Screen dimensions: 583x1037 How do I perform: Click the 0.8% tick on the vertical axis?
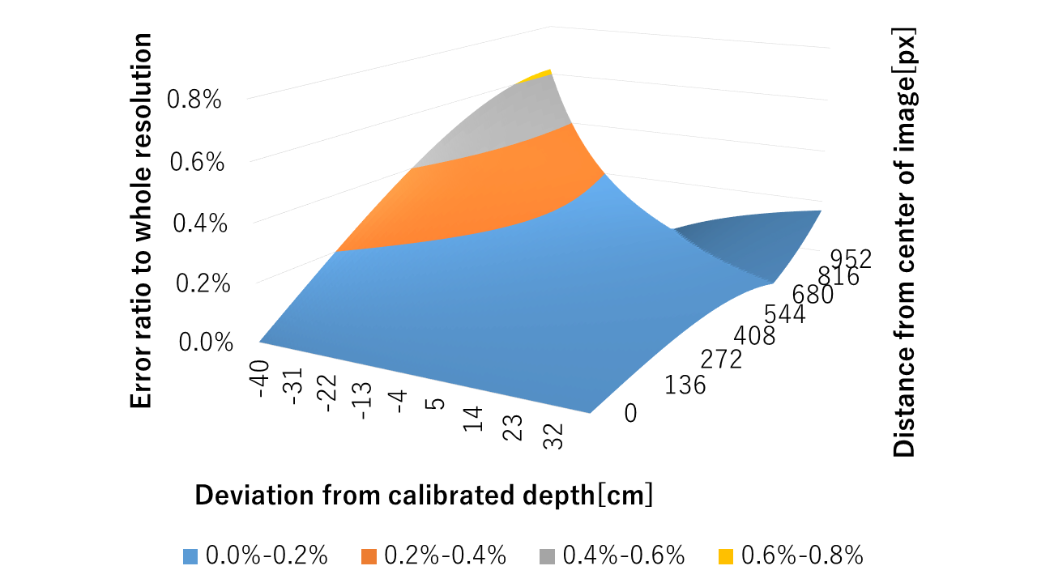pos(194,100)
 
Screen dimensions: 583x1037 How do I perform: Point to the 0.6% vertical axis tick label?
pos(198,162)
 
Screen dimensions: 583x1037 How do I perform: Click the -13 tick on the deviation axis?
pos(363,401)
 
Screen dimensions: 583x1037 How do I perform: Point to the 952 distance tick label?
pos(850,258)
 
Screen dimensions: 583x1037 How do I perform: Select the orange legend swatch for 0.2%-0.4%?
pos(368,555)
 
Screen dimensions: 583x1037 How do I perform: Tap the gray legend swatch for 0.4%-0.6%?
pos(547,555)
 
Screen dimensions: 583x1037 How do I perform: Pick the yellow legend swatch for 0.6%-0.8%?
pos(726,555)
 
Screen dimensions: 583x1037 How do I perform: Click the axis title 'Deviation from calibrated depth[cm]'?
pos(424,495)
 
